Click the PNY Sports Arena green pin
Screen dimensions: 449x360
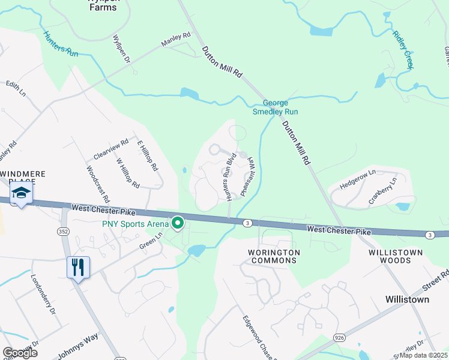(x=178, y=224)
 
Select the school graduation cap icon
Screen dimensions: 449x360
(x=21, y=193)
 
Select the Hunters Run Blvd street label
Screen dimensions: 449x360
(x=229, y=177)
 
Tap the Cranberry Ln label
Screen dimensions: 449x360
(x=383, y=190)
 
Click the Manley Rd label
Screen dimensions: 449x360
(x=175, y=40)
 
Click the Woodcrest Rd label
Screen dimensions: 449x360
(x=98, y=184)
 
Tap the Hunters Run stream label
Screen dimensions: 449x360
(x=61, y=44)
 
